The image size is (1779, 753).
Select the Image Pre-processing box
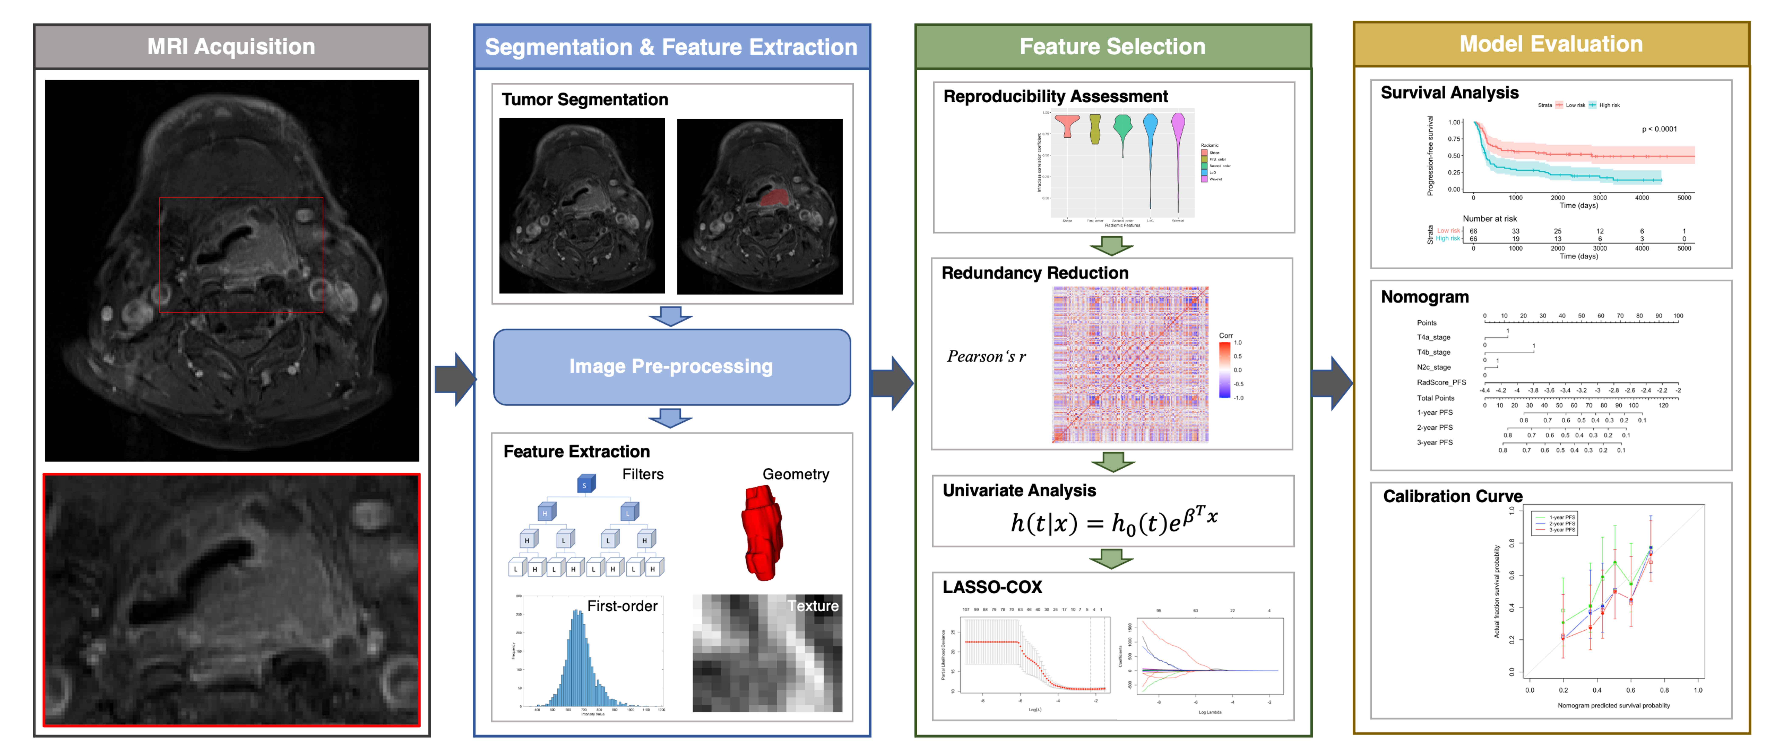pos(671,366)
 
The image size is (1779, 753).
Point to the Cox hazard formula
pos(1113,521)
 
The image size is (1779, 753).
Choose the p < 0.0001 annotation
pos(1659,129)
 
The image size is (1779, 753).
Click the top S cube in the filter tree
pos(586,484)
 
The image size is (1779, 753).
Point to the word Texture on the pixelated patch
pos(813,606)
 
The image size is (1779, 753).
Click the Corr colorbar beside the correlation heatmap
pos(1224,370)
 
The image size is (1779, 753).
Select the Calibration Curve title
pos(1452,496)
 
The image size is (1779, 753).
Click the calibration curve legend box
pos(1554,524)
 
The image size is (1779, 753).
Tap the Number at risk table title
pos(1490,218)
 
